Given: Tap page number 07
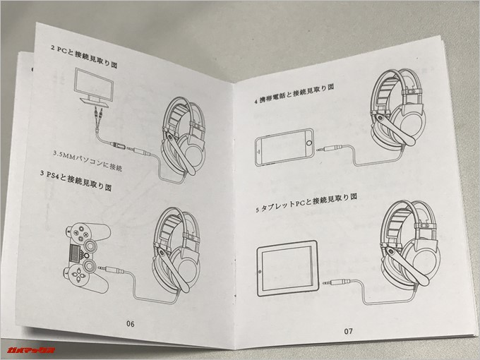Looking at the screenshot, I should tap(348, 329).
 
